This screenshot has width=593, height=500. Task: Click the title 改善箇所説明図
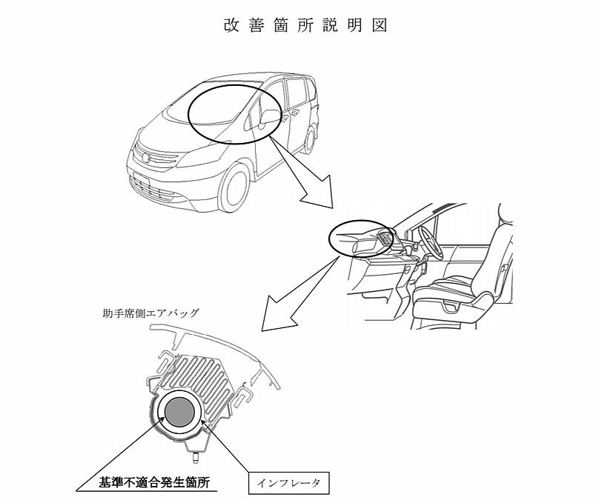tap(305, 25)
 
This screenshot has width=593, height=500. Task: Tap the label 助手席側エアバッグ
tap(150, 313)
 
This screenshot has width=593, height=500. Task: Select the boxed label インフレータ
tap(289, 483)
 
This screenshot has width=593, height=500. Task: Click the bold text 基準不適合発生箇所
tap(154, 482)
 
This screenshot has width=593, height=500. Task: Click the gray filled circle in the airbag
tap(180, 413)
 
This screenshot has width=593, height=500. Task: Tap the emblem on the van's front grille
tap(146, 158)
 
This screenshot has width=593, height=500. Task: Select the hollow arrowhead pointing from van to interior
tap(319, 193)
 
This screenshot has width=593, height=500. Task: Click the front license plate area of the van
tap(141, 179)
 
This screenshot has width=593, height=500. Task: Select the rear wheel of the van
tap(311, 140)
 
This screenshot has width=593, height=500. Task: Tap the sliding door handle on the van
tap(294, 113)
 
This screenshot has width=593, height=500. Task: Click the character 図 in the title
tap(380, 25)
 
